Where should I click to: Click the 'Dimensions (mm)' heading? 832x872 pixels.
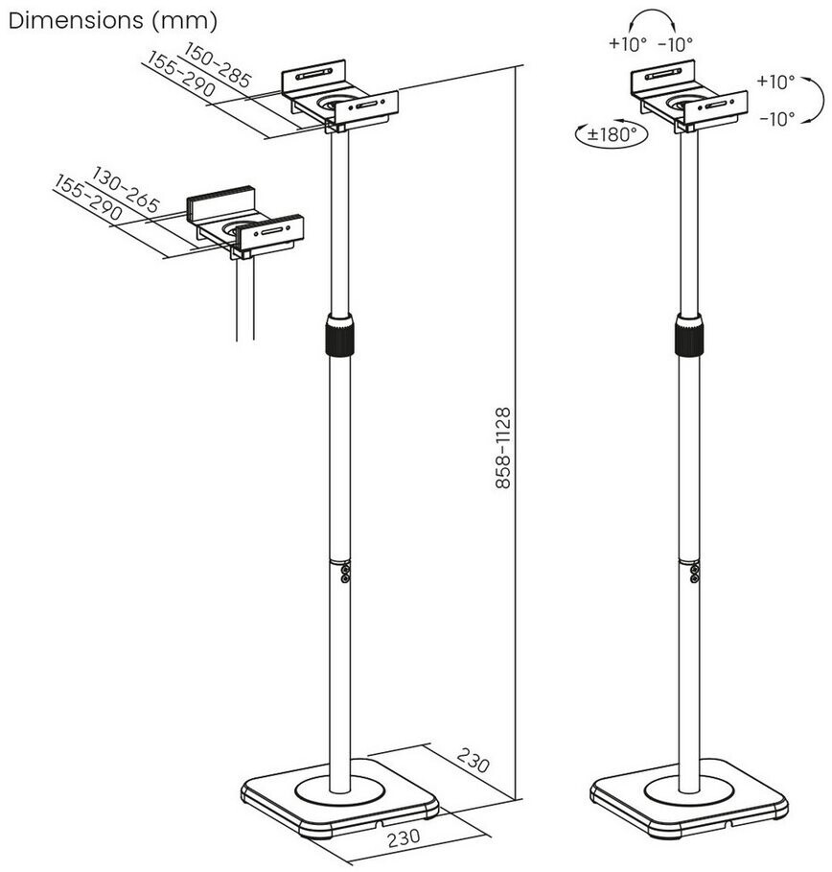pos(112,19)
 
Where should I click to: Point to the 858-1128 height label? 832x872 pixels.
pos(503,448)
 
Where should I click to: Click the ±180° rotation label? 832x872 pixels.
pos(610,135)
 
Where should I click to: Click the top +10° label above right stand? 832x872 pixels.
pos(628,43)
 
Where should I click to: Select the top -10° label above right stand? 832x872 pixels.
pos(676,43)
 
